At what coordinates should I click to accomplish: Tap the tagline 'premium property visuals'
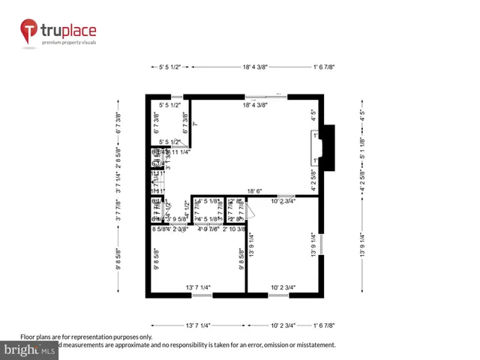[x=68, y=43]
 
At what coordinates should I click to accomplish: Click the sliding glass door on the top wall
[x=266, y=96]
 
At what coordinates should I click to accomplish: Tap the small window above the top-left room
[x=177, y=97]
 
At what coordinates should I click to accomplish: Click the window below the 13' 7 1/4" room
[x=201, y=295]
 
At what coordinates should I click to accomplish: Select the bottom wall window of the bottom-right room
[x=278, y=295]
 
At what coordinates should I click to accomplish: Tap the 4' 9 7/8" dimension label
[x=208, y=229]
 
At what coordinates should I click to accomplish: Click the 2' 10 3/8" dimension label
[x=234, y=229]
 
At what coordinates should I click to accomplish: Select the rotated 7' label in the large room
[x=194, y=123]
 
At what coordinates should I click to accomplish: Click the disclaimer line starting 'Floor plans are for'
[x=86, y=337]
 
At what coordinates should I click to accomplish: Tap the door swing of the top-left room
[x=180, y=144]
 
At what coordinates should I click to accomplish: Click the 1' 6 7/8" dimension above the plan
[x=323, y=67]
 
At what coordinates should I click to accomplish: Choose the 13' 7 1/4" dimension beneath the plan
[x=198, y=325]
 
